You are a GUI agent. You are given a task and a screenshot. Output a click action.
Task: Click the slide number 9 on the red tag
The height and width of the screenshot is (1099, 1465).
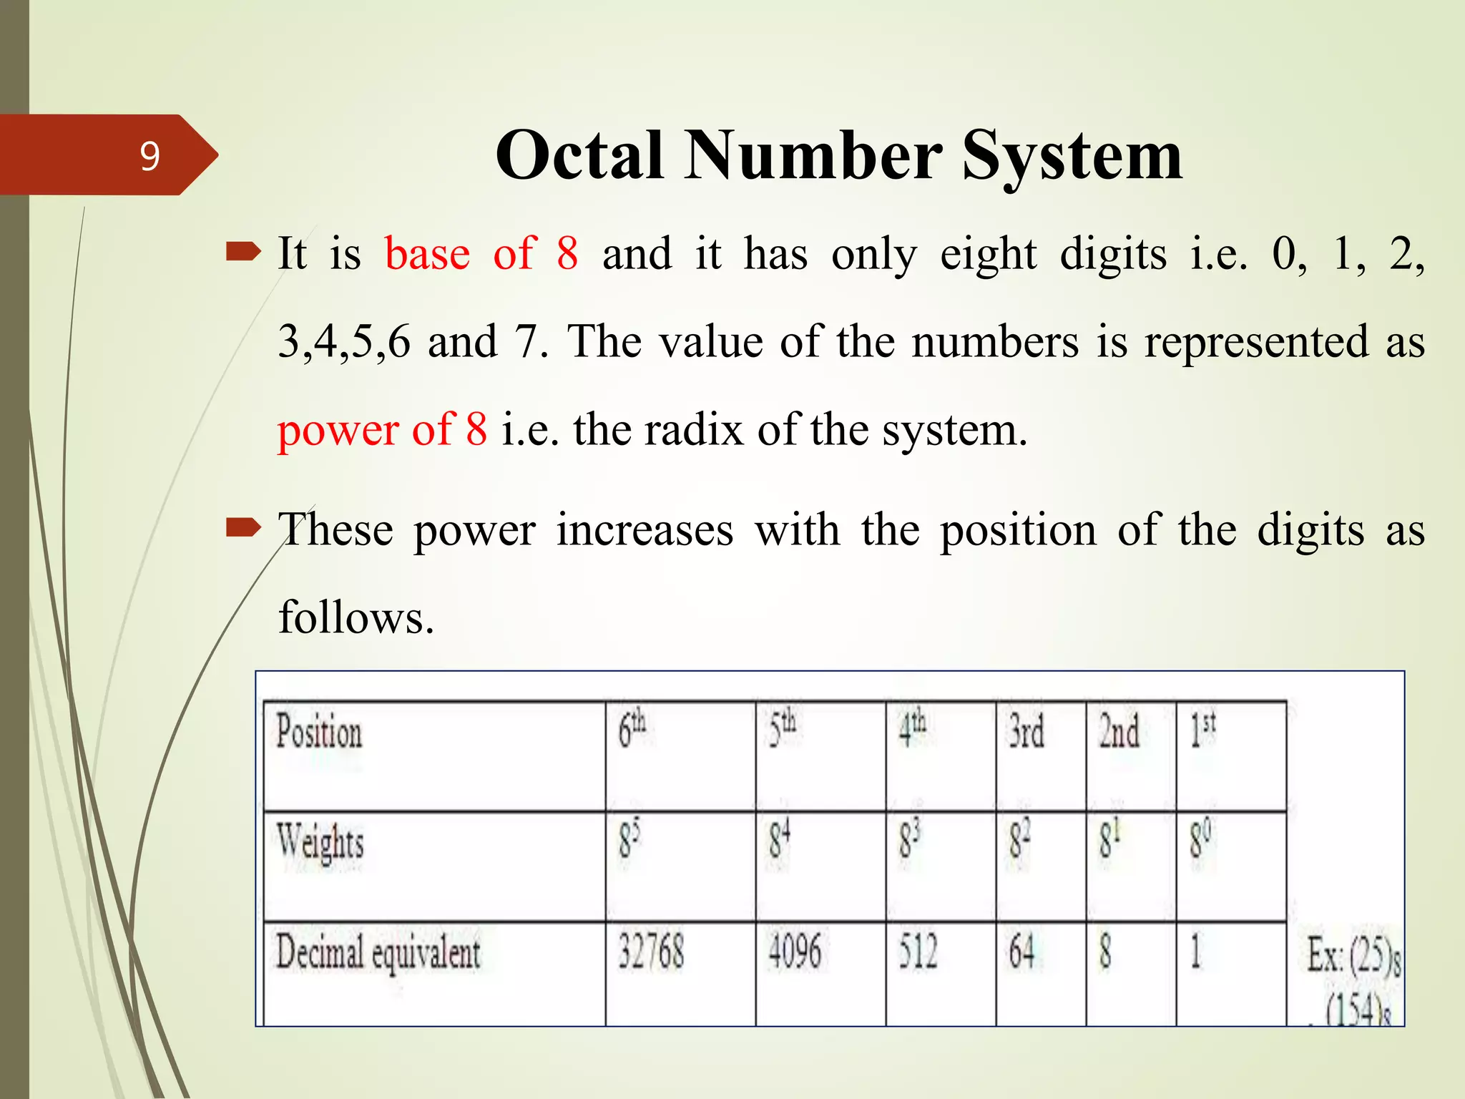150,156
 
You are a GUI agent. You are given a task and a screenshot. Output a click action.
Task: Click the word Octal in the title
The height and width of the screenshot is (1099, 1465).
579,156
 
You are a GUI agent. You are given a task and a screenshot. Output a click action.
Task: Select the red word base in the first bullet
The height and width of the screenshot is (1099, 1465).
428,253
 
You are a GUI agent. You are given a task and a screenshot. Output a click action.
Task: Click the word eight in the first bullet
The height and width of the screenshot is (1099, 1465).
988,255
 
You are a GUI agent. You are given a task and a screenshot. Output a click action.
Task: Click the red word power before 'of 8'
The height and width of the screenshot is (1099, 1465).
338,431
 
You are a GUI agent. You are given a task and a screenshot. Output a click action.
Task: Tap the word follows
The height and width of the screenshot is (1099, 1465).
356,617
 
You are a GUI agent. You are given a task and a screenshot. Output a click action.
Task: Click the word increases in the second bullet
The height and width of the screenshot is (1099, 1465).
645,530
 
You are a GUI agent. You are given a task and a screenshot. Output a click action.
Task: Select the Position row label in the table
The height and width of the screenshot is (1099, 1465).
319,733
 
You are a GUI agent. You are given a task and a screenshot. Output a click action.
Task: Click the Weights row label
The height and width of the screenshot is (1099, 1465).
320,841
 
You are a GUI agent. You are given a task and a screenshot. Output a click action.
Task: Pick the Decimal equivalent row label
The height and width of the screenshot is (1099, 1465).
378,953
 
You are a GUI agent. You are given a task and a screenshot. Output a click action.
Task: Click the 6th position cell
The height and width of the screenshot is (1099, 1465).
632,730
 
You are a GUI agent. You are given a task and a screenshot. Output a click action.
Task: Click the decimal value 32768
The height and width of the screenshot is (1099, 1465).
651,952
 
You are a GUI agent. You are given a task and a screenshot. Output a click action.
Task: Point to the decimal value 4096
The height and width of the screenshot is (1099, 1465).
794,952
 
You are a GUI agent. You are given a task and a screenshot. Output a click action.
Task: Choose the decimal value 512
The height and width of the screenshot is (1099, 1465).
918,952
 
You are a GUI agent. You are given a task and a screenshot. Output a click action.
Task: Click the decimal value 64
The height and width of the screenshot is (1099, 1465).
1022,952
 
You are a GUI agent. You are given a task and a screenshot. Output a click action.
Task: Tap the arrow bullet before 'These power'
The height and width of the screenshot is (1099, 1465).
243,529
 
